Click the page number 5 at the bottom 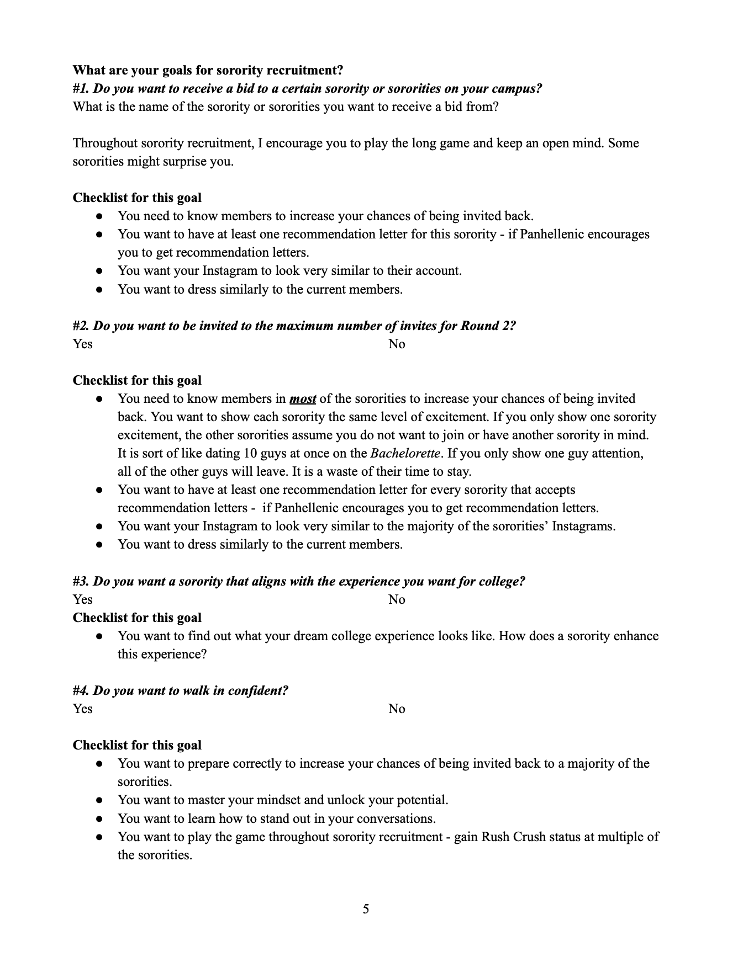tap(366, 909)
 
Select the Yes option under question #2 tap(82, 344)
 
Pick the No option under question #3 tap(397, 599)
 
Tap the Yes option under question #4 tap(82, 709)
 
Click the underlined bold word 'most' tap(303, 398)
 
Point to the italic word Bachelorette tap(405, 454)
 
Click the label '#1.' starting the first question tap(81, 88)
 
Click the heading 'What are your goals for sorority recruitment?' tap(208, 70)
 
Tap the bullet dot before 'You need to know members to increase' tap(99, 216)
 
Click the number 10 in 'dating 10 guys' tap(250, 454)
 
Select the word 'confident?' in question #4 tap(259, 690)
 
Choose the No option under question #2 tap(397, 344)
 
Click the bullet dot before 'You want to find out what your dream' tap(99, 636)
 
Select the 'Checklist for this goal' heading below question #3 tap(137, 618)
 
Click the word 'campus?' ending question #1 tap(518, 88)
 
